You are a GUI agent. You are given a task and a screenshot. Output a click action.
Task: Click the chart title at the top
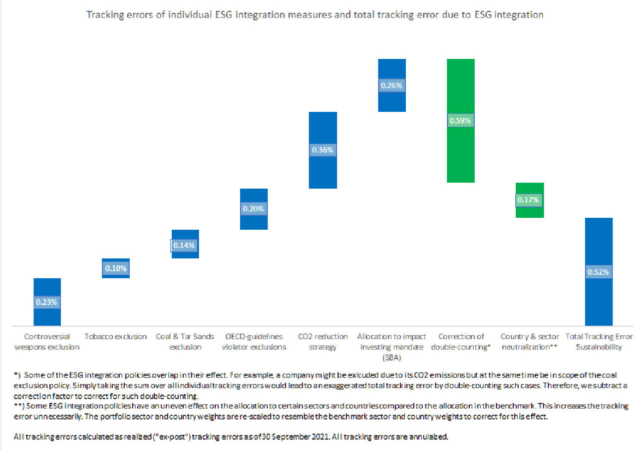pyautogui.click(x=315, y=14)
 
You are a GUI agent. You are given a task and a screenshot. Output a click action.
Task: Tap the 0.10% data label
pyautogui.click(x=116, y=268)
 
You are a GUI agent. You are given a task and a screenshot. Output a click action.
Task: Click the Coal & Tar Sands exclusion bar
pyautogui.click(x=185, y=237)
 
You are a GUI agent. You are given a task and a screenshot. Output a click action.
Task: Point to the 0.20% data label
pyautogui.click(x=254, y=209)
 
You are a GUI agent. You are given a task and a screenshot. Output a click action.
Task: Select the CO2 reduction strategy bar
pyautogui.click(x=322, y=170)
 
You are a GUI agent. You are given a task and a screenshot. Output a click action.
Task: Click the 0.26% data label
pyautogui.click(x=391, y=85)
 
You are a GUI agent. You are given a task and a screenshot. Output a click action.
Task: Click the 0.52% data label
pyautogui.click(x=598, y=272)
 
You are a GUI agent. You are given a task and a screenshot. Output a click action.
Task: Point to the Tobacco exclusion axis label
pyautogui.click(x=116, y=337)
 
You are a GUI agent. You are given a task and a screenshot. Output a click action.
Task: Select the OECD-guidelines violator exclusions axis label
pyautogui.click(x=254, y=342)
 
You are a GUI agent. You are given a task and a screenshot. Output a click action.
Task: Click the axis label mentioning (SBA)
pyautogui.click(x=391, y=347)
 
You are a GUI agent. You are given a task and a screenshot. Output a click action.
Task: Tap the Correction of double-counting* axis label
pyautogui.click(x=460, y=342)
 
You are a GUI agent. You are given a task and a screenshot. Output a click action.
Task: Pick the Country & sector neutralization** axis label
pyautogui.click(x=529, y=342)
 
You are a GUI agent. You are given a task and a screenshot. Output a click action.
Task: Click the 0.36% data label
pyautogui.click(x=322, y=149)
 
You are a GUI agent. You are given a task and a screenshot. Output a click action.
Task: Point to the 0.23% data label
pyautogui.click(x=47, y=302)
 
